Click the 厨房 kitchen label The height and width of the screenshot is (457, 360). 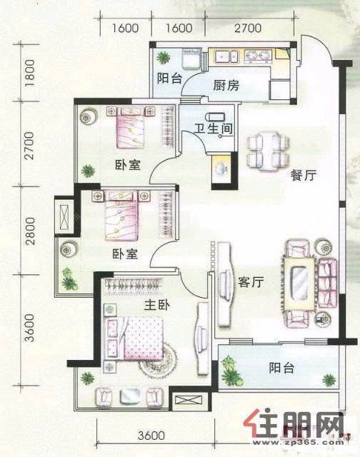226,85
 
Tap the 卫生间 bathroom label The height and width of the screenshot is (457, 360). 214,129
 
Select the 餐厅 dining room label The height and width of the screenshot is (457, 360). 304,176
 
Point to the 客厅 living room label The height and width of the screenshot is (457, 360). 251,282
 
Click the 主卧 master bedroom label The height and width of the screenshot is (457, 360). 157,305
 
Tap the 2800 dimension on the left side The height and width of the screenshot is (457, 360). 30,231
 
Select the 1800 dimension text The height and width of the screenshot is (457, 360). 30,73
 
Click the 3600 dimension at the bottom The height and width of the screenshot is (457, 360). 151,436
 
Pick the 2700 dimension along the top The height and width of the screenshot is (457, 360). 248,28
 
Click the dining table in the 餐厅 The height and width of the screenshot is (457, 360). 268,151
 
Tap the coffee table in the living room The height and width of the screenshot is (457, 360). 300,283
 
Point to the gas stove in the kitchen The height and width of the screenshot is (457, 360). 258,56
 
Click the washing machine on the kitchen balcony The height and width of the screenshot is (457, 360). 191,59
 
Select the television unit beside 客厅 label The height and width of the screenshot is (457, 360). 225,282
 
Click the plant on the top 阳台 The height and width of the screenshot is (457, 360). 164,57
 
